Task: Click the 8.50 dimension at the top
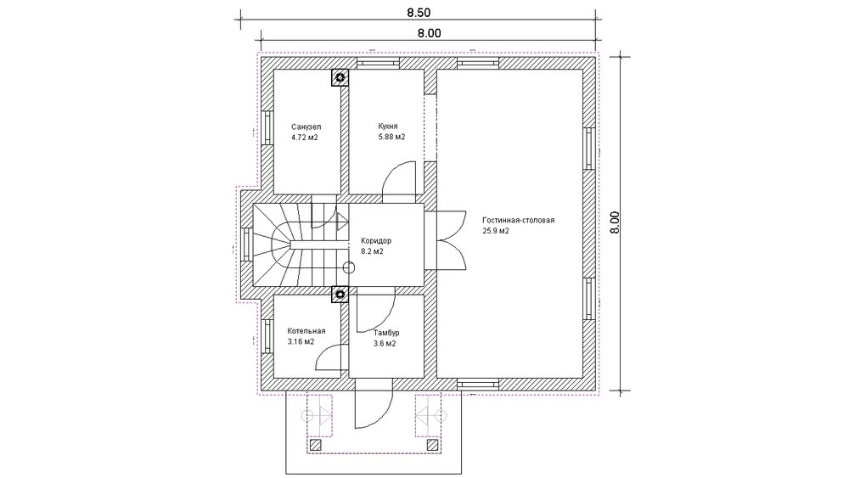[x=418, y=13]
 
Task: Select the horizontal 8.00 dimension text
[x=429, y=33]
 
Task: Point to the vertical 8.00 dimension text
[x=614, y=222]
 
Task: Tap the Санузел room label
[x=306, y=127]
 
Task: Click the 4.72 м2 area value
[x=304, y=138]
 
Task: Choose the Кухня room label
[x=388, y=127]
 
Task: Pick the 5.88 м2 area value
[x=391, y=137]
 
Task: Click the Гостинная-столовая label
[x=518, y=221]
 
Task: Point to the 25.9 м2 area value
[x=496, y=231]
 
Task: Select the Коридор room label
[x=376, y=241]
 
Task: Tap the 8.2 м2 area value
[x=372, y=251]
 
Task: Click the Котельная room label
[x=306, y=331]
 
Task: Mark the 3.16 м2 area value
[x=301, y=341]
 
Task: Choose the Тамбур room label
[x=386, y=333]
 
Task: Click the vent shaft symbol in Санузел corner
[x=340, y=77]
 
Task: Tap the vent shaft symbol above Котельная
[x=340, y=295]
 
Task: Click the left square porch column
[x=315, y=445]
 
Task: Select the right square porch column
[x=433, y=445]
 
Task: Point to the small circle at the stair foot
[x=349, y=267]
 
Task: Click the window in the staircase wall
[x=246, y=245]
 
